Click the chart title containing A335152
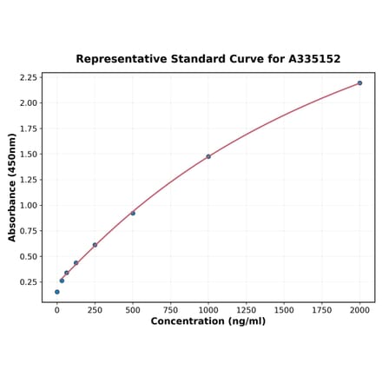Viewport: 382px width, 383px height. point(208,59)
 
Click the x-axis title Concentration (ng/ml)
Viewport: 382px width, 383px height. point(208,321)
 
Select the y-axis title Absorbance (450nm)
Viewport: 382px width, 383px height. point(12,188)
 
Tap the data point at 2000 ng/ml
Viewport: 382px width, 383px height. point(359,83)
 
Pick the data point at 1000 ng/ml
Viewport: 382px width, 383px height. point(208,156)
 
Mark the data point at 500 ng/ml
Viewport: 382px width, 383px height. point(133,213)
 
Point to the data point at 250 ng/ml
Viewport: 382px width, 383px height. point(95,245)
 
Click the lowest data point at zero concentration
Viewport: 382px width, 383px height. point(57,292)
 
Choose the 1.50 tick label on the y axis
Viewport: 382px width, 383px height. point(27,154)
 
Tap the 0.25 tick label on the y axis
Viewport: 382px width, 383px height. point(27,282)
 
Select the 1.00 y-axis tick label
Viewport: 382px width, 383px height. point(27,206)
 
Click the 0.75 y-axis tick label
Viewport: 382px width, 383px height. point(27,231)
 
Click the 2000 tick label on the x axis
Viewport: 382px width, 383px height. point(359,309)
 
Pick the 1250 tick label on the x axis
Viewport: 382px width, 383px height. point(247,309)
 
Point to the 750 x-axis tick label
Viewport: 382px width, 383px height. point(171,309)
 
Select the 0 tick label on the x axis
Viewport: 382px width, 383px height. point(57,309)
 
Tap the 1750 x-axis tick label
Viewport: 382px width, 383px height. point(322,309)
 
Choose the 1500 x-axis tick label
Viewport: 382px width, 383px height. point(284,309)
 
